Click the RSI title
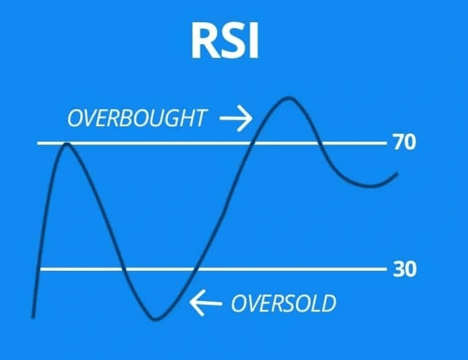(225, 40)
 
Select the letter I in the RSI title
(254, 40)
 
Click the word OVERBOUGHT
(137, 119)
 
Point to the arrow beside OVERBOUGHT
(236, 119)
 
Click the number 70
(404, 143)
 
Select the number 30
(404, 269)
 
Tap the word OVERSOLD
(284, 304)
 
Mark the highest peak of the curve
(287, 99)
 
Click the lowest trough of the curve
(156, 319)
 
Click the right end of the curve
(396, 174)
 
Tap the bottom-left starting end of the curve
(33, 316)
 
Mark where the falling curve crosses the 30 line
(123, 269)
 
